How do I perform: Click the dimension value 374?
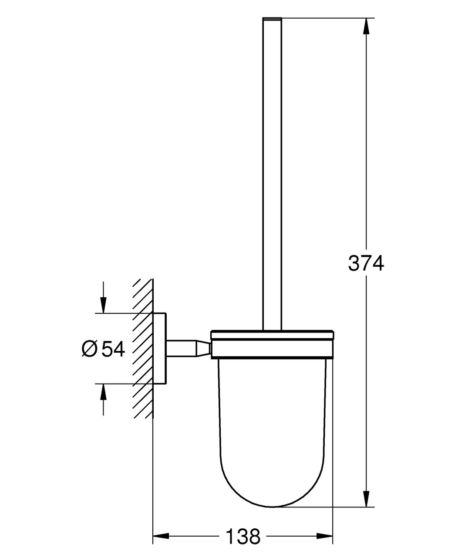coord(366,263)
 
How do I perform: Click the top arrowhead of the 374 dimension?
coord(366,26)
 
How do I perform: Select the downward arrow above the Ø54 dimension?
coord(103,303)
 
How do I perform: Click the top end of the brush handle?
coord(272,20)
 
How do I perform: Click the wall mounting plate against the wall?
coord(159,348)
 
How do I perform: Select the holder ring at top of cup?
coord(272,344)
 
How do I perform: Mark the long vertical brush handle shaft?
coord(272,174)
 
